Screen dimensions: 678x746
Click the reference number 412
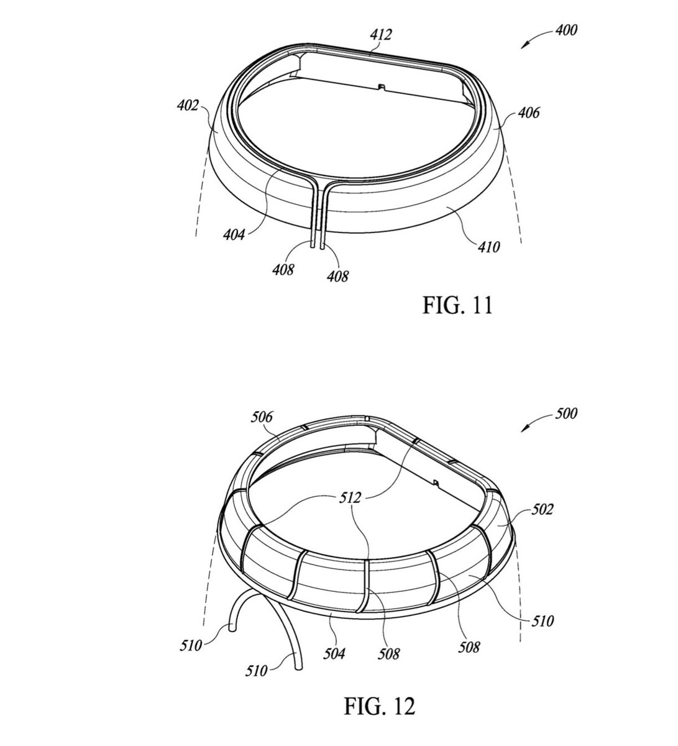(x=381, y=35)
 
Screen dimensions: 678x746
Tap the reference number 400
(x=566, y=30)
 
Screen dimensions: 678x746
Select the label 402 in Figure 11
(x=188, y=106)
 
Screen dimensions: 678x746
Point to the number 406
(x=528, y=113)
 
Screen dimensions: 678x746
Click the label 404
(x=234, y=234)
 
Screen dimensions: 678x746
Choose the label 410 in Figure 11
(x=488, y=247)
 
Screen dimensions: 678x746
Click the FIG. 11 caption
(x=457, y=305)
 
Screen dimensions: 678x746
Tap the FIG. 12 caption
(x=379, y=706)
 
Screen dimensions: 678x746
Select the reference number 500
(x=566, y=413)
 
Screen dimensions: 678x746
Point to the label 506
(x=262, y=417)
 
